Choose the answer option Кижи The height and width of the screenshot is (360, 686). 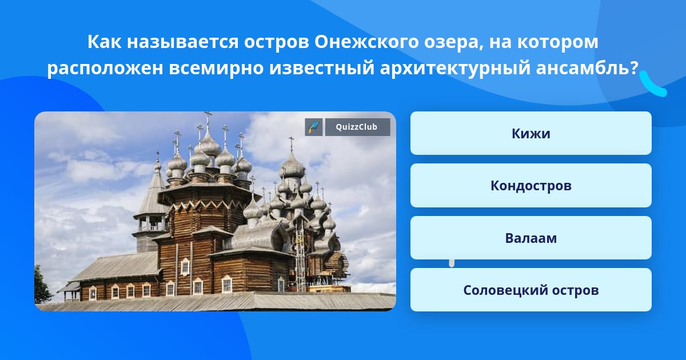tap(531, 133)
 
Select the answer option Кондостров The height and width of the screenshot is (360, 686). tap(531, 186)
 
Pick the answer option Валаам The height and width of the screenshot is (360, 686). tap(531, 238)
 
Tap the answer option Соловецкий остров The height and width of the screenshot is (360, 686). tap(531, 290)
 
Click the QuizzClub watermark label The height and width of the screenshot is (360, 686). tap(357, 127)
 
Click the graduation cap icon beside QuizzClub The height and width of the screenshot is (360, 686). tap(314, 127)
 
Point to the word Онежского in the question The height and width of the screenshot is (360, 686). tap(366, 42)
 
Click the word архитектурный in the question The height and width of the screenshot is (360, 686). tap(455, 68)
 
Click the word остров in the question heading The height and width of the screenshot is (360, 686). tap(276, 42)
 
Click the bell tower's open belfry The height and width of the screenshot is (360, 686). tap(151, 223)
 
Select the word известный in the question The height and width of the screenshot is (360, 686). tap(322, 67)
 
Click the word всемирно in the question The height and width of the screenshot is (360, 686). tap(216, 68)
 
